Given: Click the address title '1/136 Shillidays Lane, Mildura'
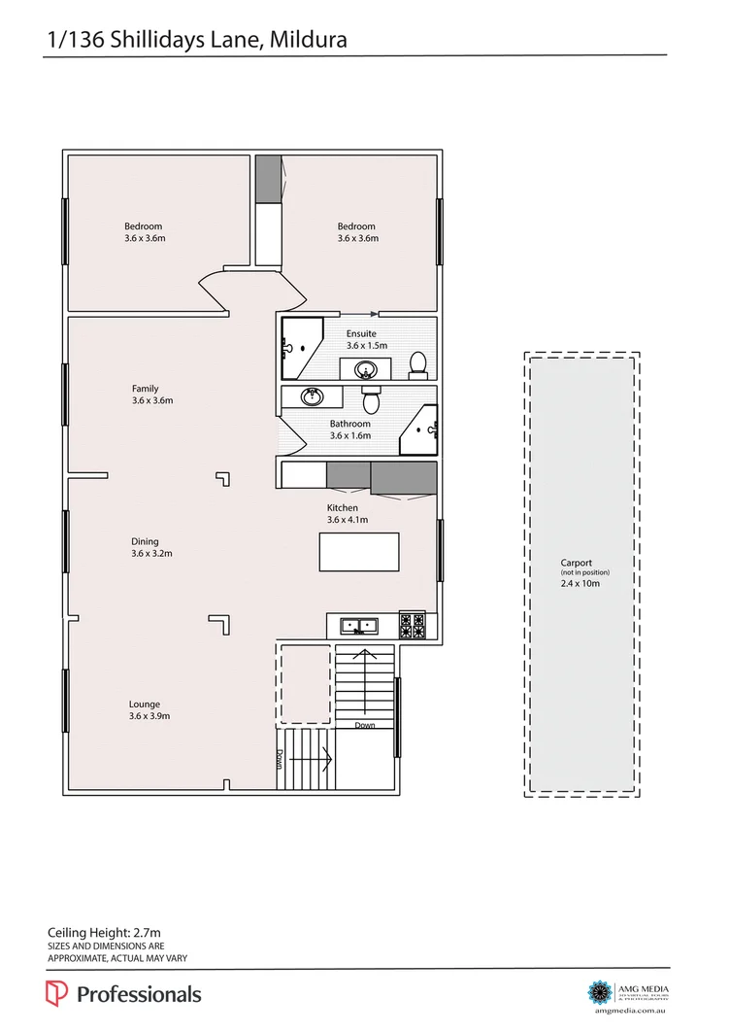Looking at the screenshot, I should tap(197, 39).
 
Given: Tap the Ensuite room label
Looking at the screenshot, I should tap(361, 333).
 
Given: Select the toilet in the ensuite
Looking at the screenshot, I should tap(417, 363).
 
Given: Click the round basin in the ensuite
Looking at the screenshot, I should tap(366, 368).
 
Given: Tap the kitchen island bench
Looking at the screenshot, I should tap(358, 551).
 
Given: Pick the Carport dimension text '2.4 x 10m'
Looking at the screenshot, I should tap(580, 584).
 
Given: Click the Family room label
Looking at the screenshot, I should tap(146, 389).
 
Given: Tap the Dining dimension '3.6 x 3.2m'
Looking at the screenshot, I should tap(151, 554).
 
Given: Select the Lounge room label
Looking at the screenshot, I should tap(145, 705).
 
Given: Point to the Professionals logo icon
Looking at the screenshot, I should tap(56, 993).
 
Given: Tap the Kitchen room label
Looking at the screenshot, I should tap(342, 508).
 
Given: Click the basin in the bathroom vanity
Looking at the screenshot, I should tap(312, 397).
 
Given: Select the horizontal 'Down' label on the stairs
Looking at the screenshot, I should tap(364, 725).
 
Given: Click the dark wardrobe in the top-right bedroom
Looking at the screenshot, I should tap(267, 179).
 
